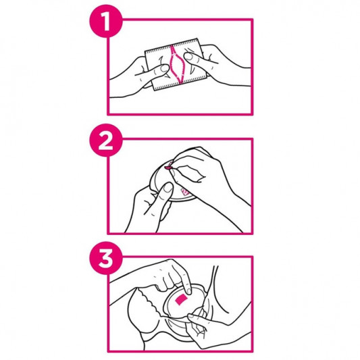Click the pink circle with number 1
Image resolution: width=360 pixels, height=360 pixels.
(106, 21)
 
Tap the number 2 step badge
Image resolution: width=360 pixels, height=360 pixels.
(106, 140)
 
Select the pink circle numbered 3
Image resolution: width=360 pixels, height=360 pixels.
(106, 258)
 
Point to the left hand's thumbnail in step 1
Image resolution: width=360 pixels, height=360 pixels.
(165, 68)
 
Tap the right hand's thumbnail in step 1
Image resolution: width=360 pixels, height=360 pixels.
(188, 56)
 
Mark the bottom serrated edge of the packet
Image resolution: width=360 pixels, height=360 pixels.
(181, 83)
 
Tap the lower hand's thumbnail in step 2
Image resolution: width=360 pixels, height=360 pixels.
(168, 187)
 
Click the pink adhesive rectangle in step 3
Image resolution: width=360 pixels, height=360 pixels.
(182, 299)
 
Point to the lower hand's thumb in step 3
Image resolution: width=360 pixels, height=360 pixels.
(193, 317)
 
